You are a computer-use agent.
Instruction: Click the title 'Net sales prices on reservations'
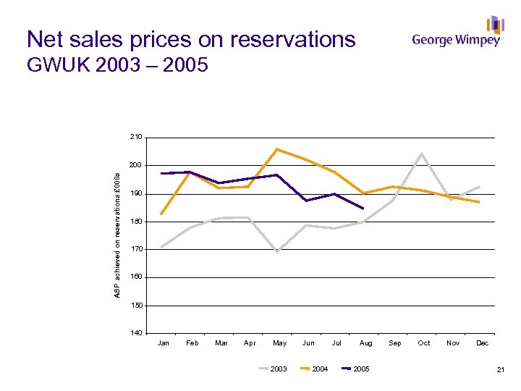click(x=191, y=38)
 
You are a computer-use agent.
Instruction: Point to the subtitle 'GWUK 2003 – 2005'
click(x=117, y=65)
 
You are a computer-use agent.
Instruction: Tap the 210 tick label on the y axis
click(x=136, y=137)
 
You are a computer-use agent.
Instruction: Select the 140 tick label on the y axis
click(x=136, y=334)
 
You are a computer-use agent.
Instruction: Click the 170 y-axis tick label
click(x=136, y=249)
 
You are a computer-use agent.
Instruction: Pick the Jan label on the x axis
click(x=164, y=343)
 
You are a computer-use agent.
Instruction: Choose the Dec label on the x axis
click(x=482, y=343)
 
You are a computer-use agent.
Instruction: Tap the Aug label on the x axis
click(x=366, y=343)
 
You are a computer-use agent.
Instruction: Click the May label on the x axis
click(x=279, y=343)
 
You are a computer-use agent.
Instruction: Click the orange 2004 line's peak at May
click(x=277, y=149)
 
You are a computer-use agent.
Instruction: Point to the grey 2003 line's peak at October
click(x=422, y=154)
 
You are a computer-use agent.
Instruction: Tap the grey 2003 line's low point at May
click(x=277, y=252)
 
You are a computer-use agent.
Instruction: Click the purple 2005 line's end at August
click(x=363, y=209)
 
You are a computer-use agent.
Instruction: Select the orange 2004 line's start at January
click(x=161, y=214)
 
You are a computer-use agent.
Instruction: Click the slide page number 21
click(x=500, y=370)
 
